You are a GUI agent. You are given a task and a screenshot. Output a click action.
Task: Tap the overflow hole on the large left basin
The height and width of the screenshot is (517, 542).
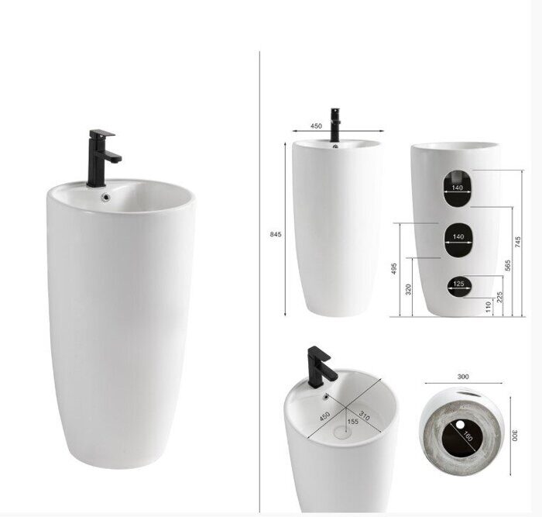(105, 197)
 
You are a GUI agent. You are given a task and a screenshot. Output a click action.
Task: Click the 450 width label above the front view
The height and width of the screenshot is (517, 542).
(316, 125)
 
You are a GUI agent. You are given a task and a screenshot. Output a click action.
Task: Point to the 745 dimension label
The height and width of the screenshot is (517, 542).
(518, 242)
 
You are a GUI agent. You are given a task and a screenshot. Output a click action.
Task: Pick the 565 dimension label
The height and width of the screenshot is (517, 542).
(508, 265)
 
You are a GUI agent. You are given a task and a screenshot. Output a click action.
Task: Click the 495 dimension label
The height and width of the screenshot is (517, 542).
(394, 269)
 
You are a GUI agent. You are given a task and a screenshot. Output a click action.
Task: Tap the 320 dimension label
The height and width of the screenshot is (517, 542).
(408, 289)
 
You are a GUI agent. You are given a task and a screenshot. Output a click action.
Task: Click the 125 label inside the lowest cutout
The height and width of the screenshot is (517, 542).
(458, 284)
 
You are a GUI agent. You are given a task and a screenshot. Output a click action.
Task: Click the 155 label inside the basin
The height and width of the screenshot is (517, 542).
(352, 422)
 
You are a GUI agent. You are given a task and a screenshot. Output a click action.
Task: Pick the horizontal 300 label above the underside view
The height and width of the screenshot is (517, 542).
(463, 377)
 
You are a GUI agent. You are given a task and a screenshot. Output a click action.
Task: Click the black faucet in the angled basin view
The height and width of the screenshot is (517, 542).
(319, 364)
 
